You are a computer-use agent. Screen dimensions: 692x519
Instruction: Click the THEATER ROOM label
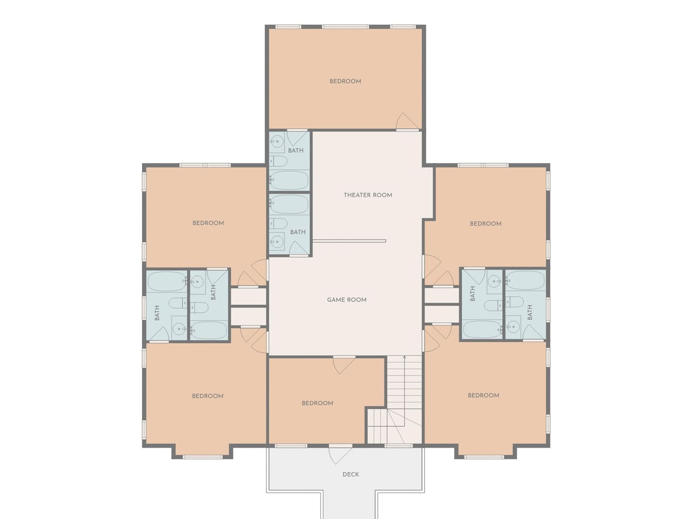(368, 195)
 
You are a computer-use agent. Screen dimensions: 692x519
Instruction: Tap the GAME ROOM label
(347, 300)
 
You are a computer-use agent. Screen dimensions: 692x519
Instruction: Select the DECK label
(350, 474)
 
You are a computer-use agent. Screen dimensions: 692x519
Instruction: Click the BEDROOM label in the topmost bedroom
(345, 81)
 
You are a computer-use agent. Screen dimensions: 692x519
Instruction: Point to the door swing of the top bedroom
(407, 121)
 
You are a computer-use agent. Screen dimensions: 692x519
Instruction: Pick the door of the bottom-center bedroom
(344, 365)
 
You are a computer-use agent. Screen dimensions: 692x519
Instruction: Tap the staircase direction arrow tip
(404, 356)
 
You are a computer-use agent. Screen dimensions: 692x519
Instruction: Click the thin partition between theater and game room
(349, 241)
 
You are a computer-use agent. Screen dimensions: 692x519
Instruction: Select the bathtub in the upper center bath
(289, 180)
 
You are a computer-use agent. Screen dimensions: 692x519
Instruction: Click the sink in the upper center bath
(277, 142)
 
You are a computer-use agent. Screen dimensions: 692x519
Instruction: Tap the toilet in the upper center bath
(278, 161)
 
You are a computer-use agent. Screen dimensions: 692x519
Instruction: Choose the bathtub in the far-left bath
(167, 282)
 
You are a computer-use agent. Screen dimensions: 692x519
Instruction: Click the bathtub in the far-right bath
(525, 280)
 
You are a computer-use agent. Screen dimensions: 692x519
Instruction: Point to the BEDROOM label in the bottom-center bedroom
(317, 403)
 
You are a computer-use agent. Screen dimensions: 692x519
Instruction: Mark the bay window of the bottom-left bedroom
(202, 457)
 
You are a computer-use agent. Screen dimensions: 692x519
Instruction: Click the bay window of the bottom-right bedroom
(484, 457)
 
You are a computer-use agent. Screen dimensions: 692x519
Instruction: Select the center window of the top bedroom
(345, 27)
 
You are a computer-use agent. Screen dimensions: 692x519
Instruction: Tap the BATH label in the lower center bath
(297, 232)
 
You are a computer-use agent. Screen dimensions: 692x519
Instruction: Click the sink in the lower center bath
(277, 242)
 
